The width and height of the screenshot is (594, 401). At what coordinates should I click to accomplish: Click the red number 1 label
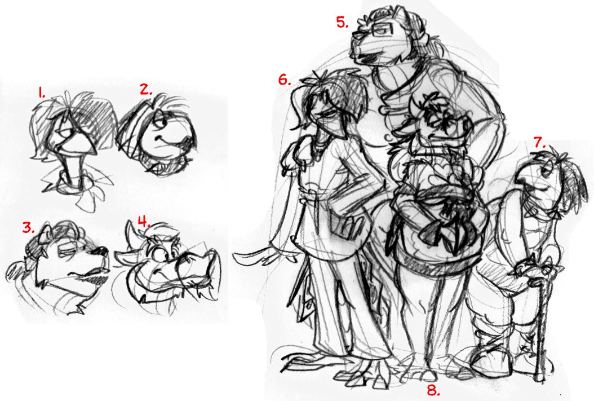[x=42, y=92]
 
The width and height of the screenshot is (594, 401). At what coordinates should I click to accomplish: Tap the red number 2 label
[x=146, y=90]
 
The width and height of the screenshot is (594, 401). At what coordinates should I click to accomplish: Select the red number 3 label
[x=29, y=227]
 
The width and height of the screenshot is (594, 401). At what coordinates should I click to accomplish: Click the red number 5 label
[x=343, y=22]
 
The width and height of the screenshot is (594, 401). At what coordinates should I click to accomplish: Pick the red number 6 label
[x=285, y=80]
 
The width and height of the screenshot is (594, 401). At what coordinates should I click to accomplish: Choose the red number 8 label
[x=433, y=390]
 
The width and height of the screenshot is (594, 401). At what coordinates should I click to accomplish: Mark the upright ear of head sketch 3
[x=42, y=235]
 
